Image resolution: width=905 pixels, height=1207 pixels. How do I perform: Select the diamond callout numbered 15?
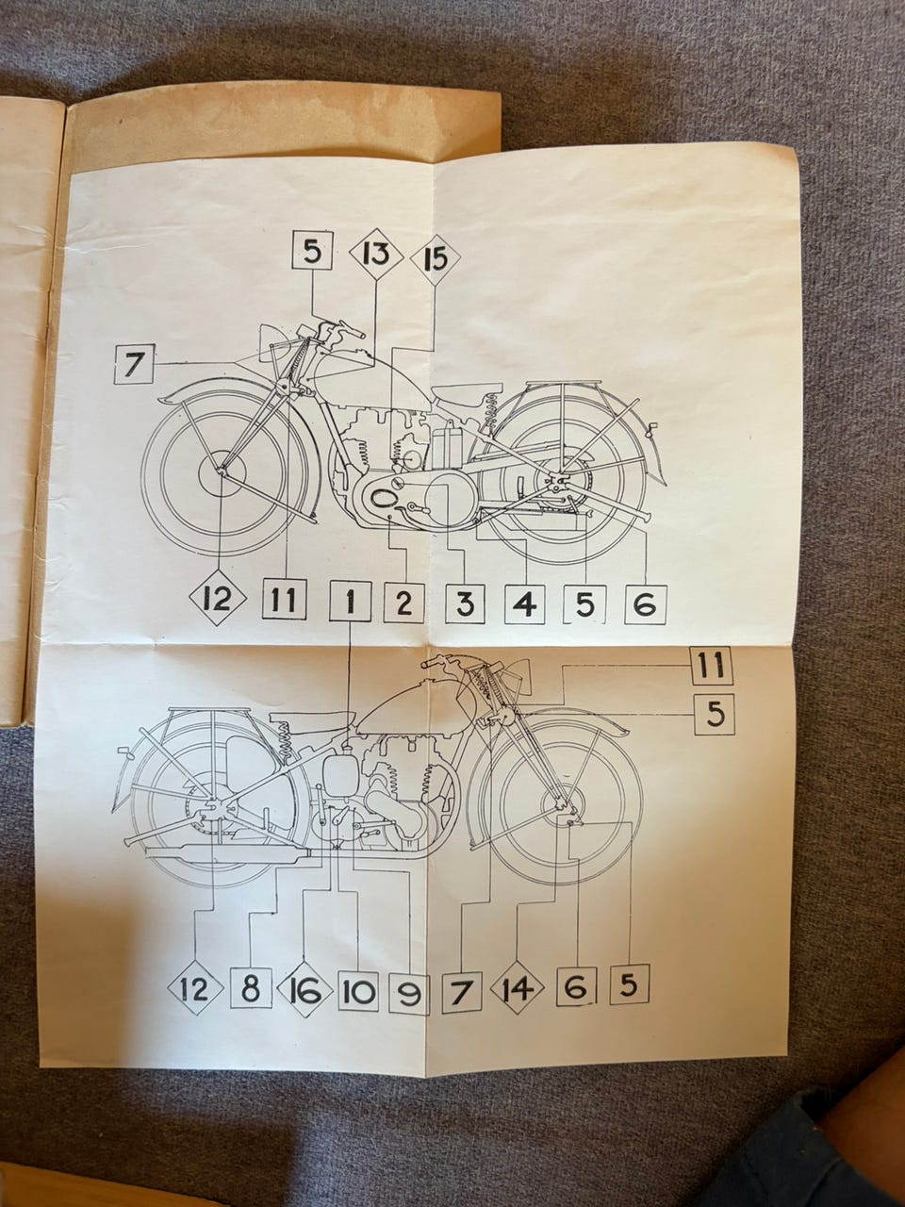tap(436, 257)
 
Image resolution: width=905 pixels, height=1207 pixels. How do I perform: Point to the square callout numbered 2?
tap(403, 603)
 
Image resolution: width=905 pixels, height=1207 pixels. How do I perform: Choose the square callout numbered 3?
tap(465, 603)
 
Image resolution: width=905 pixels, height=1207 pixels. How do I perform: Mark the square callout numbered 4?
tap(525, 604)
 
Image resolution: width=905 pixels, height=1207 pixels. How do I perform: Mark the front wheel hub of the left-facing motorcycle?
tap(221, 471)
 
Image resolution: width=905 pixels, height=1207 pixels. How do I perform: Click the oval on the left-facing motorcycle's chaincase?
tap(384, 499)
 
